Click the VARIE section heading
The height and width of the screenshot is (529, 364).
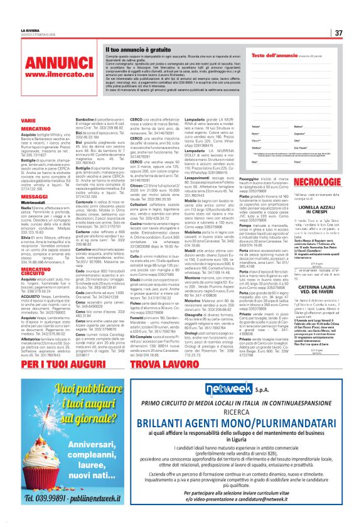28,119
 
